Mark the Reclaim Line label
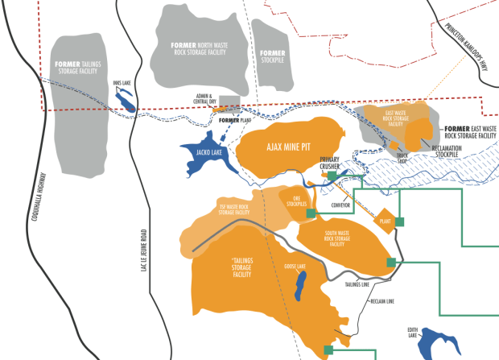[x=381, y=301]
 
